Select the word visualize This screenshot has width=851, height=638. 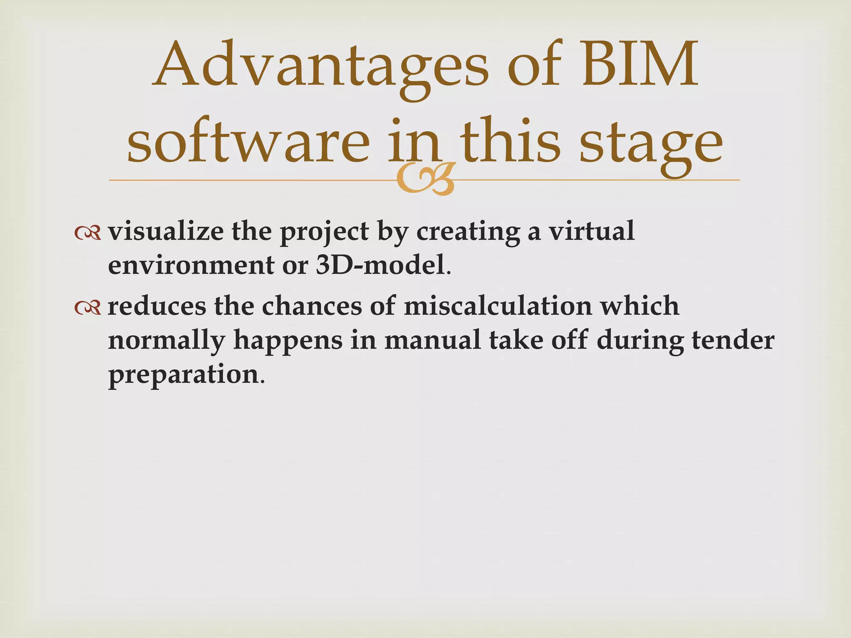point(165,231)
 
